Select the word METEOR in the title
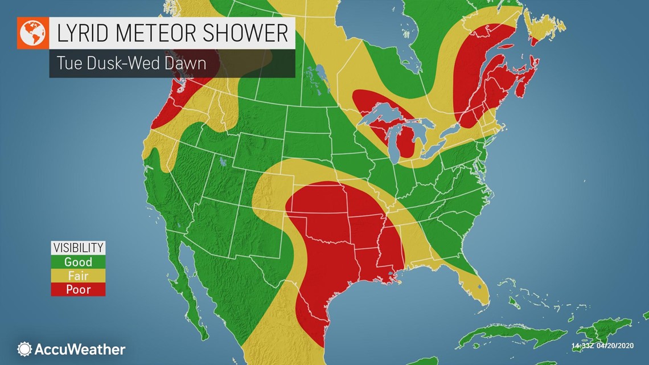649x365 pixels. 159,34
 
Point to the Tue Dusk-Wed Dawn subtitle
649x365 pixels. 131,63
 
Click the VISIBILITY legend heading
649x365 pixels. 78,248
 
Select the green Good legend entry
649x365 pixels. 78,262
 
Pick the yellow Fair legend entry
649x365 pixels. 78,276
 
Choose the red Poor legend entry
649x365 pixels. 78,290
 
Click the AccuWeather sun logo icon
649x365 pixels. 24,349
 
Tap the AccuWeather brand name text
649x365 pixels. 80,349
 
